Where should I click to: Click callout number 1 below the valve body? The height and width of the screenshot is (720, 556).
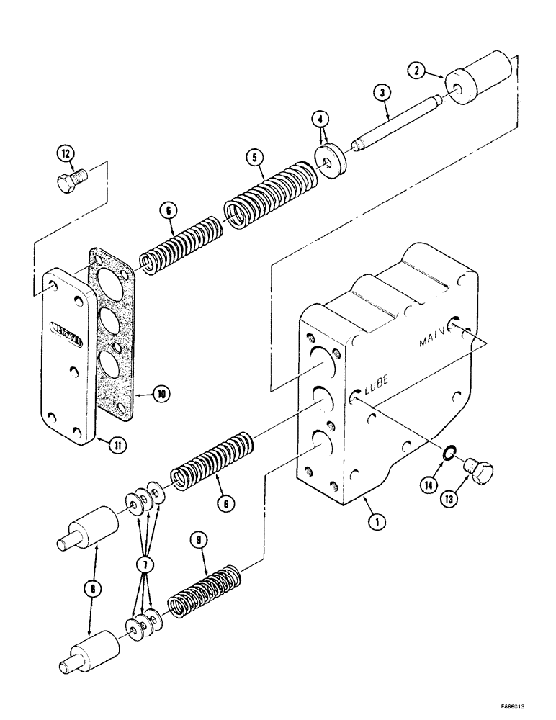[373, 524]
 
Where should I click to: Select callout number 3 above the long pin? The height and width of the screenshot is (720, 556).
[382, 92]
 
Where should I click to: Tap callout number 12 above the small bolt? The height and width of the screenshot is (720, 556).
[66, 154]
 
